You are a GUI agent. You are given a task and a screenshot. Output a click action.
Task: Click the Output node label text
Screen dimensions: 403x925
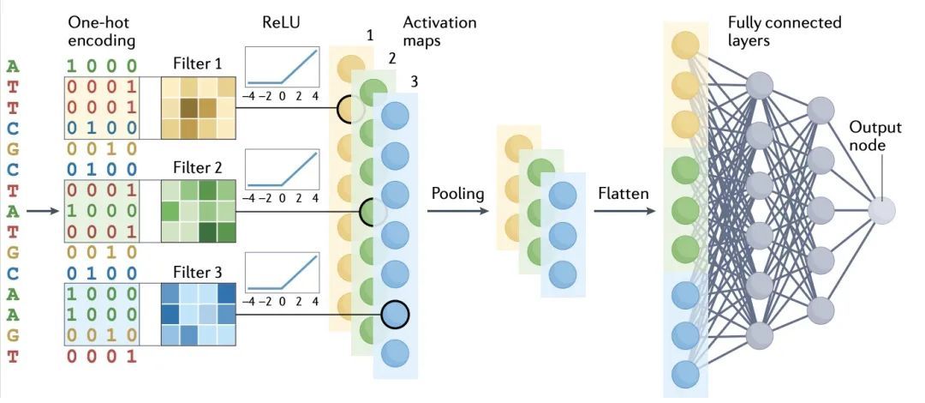[874, 136]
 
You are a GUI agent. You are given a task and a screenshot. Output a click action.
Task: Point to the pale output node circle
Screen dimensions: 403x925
[881, 210]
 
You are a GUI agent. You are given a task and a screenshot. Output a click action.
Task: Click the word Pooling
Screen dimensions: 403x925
[458, 194]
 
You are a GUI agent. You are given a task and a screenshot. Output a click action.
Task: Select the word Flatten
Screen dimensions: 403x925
[623, 194]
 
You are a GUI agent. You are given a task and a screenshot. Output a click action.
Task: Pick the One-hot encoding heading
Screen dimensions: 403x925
[100, 31]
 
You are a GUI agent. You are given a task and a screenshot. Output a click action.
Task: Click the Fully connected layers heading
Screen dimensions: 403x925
[784, 31]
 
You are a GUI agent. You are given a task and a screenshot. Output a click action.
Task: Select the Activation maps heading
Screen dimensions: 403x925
[439, 31]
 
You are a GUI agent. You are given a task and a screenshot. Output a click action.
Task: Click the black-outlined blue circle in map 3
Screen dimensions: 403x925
[395, 314]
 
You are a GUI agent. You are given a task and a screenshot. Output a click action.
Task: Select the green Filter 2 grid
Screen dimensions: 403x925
[199, 210]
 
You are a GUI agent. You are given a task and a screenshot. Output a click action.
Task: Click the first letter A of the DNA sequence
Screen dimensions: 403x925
[12, 66]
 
